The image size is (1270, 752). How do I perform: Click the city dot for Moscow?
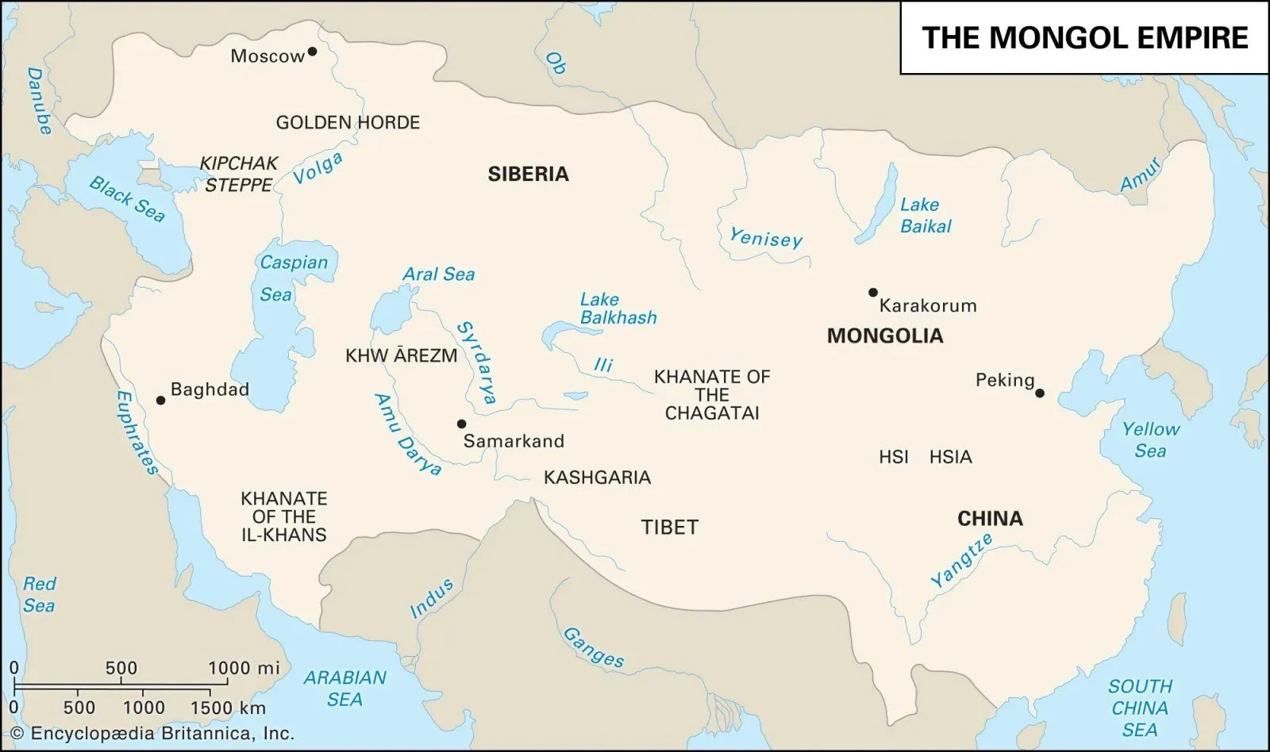click(312, 52)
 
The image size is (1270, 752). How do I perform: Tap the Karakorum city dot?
click(873, 292)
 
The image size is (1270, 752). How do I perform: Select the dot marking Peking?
click(1040, 393)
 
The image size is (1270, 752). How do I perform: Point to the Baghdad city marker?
click(160, 401)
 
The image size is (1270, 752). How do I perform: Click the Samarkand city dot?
click(461, 424)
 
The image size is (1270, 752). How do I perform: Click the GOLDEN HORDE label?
click(348, 122)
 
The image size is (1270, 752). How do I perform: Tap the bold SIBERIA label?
click(528, 174)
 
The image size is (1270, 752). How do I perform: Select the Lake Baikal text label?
click(924, 215)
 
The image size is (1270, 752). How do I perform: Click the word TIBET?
click(669, 527)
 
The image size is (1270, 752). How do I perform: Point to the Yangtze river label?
click(961, 560)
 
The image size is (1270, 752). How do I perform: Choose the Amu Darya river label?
click(407, 434)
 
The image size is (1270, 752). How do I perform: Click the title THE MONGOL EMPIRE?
click(1084, 37)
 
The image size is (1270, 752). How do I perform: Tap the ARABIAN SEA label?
click(344, 688)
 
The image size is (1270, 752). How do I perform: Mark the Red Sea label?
click(39, 594)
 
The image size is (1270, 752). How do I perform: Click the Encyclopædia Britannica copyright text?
click(152, 733)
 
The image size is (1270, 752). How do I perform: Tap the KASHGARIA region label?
click(597, 477)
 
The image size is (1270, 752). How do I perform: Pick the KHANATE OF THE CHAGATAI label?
click(711, 394)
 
